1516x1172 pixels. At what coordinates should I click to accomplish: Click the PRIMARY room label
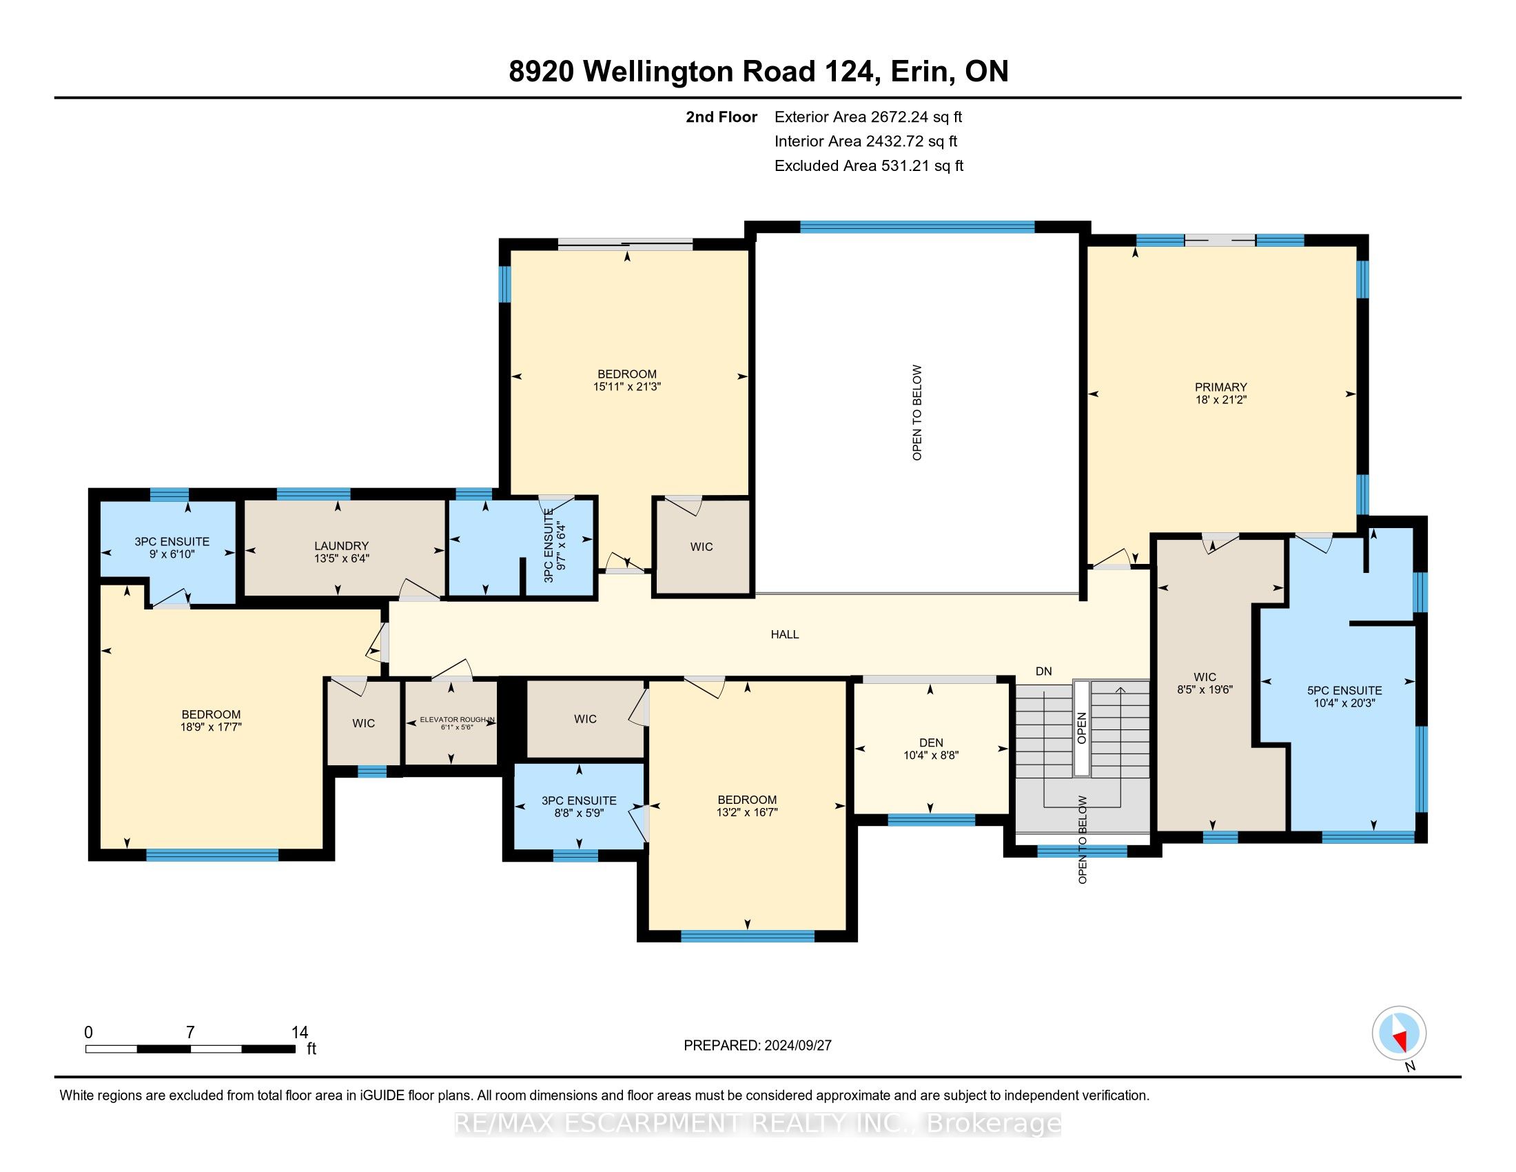click(x=1220, y=387)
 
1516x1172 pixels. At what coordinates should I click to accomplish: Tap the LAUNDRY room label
click(x=341, y=546)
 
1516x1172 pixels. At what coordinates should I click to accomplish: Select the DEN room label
click(x=931, y=742)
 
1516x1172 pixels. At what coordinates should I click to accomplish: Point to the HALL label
click(x=784, y=634)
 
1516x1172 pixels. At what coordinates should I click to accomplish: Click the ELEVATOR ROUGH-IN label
click(x=457, y=719)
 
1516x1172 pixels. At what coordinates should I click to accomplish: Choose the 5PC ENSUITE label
click(x=1344, y=690)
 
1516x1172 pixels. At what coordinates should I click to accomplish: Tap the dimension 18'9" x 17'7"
click(x=210, y=727)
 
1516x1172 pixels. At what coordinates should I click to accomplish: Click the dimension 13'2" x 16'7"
click(x=747, y=811)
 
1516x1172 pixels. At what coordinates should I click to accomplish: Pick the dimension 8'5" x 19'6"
click(x=1205, y=689)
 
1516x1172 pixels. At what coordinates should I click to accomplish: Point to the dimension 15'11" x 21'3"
click(x=627, y=387)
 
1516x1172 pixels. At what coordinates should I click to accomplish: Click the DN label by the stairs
click(x=1043, y=671)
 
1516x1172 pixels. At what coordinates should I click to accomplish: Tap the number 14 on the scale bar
click(x=300, y=1033)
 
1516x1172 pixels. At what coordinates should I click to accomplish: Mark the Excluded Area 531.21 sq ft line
click(x=869, y=165)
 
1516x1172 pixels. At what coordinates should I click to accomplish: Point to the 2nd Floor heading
click(x=721, y=117)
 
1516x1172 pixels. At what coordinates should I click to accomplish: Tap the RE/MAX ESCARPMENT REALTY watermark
click(x=757, y=1122)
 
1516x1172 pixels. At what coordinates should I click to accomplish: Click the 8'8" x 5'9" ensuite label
click(x=580, y=812)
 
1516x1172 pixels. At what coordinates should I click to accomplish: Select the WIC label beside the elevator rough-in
click(x=363, y=723)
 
